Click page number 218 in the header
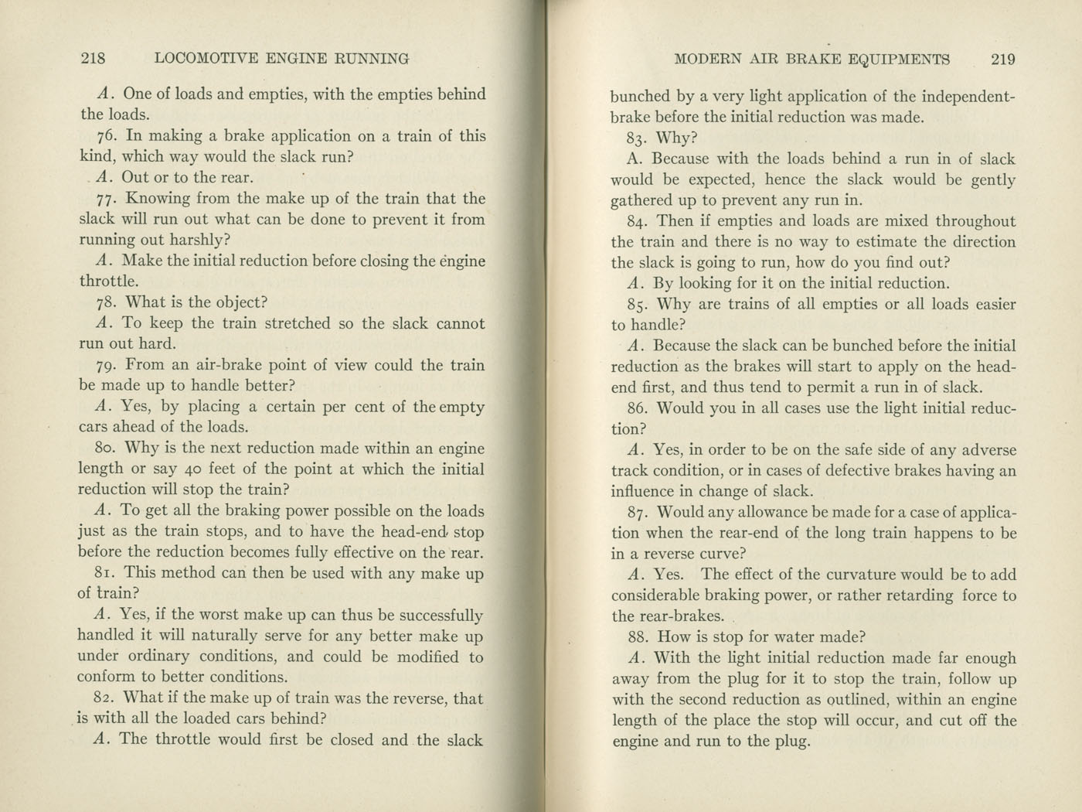click(x=92, y=58)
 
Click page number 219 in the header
click(x=999, y=59)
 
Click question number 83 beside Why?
click(x=638, y=138)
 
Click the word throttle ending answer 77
click(x=107, y=281)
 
